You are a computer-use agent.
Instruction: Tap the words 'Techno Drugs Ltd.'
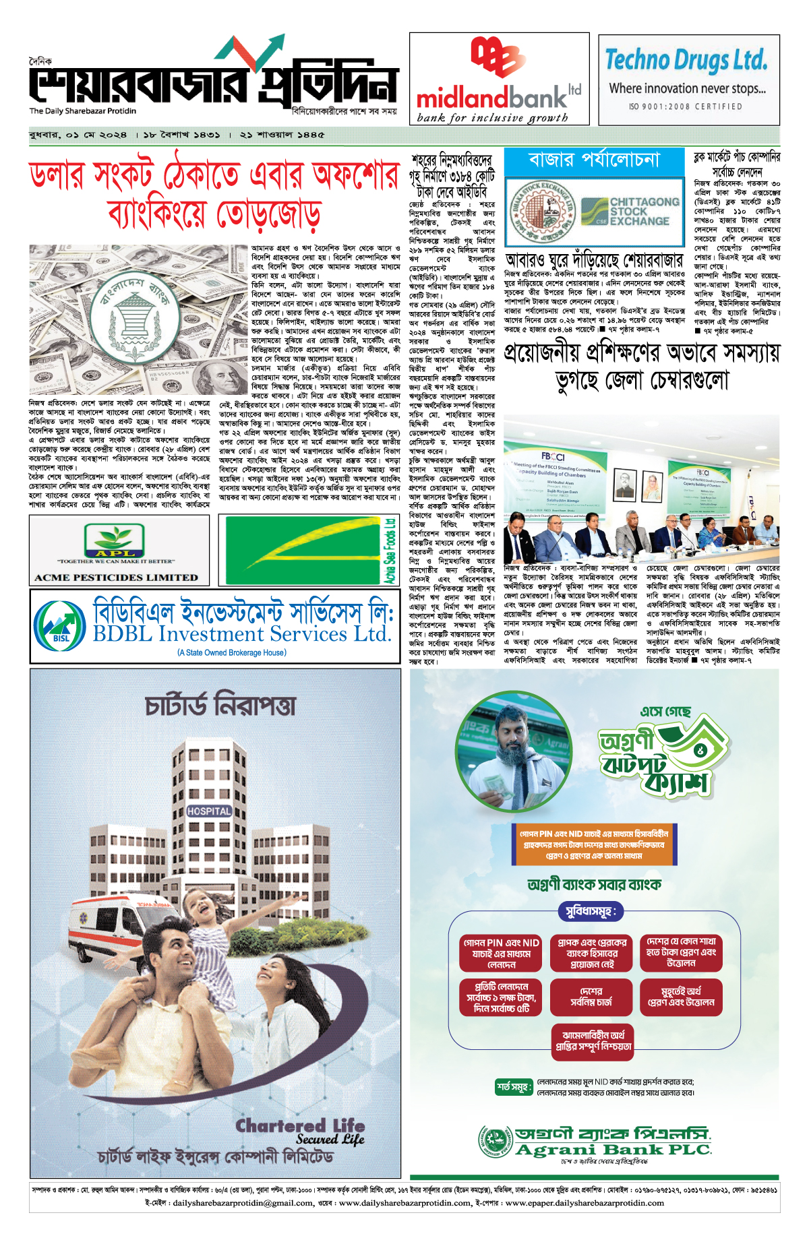click(x=686, y=60)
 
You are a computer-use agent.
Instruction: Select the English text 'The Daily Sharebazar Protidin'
click(x=82, y=111)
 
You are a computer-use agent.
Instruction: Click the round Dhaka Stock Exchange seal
click(x=541, y=212)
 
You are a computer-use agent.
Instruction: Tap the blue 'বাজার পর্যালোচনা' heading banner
click(x=594, y=160)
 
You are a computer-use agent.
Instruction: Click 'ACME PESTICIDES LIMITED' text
click(x=117, y=578)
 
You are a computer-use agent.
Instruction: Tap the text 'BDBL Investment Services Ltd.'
click(x=242, y=634)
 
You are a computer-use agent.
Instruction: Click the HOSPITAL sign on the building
click(x=209, y=811)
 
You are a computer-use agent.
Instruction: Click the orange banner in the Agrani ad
click(x=594, y=844)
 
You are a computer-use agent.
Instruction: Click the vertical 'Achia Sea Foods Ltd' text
click(x=390, y=551)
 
